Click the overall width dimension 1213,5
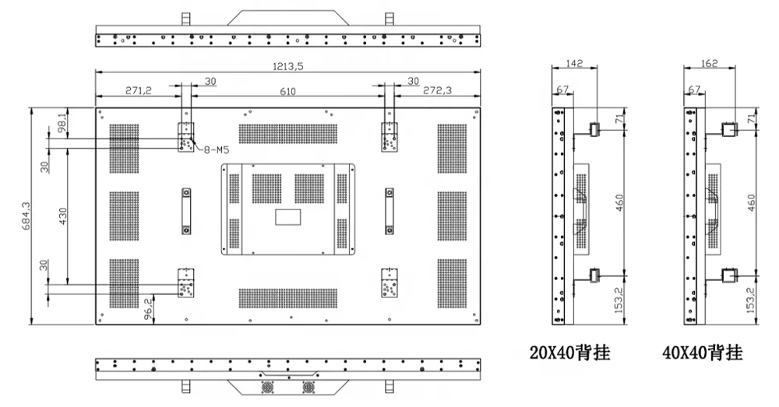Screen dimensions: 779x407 click(287, 66)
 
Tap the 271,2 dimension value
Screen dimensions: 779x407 click(139, 90)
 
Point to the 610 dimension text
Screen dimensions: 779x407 click(287, 91)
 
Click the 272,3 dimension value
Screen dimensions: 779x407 click(438, 90)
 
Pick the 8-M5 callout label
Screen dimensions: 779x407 click(215, 149)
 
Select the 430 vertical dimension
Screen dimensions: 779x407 click(62, 216)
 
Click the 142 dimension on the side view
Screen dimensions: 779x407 click(574, 64)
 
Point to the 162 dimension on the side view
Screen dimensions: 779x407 click(709, 64)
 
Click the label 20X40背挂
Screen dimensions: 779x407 click(570, 353)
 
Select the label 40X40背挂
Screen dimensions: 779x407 click(703, 353)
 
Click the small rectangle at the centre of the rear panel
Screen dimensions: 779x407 click(288, 217)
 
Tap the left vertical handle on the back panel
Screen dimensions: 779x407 click(186, 212)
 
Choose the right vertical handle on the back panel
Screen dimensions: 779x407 click(389, 212)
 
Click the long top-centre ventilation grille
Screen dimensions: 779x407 click(288, 134)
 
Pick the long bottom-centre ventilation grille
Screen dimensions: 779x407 click(288, 298)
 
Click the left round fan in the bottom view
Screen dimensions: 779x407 click(267, 387)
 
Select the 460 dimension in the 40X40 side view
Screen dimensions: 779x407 click(751, 202)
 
